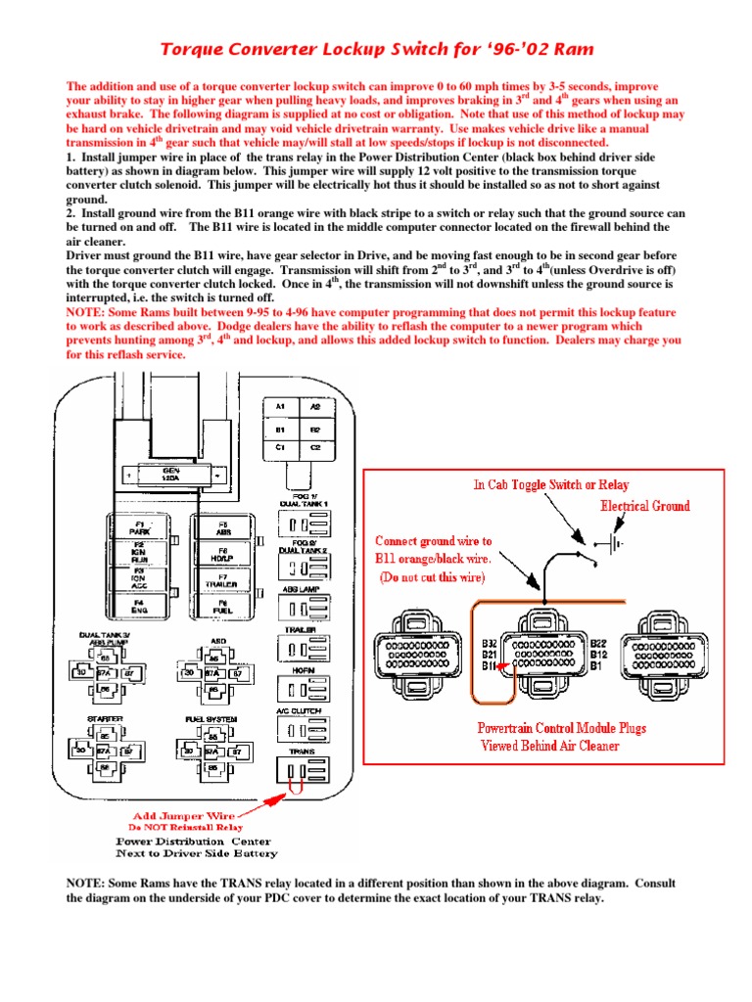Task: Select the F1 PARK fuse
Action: pos(139,529)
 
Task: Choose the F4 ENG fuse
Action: pos(139,607)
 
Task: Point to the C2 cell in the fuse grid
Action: pos(314,446)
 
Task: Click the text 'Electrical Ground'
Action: pos(644,506)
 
